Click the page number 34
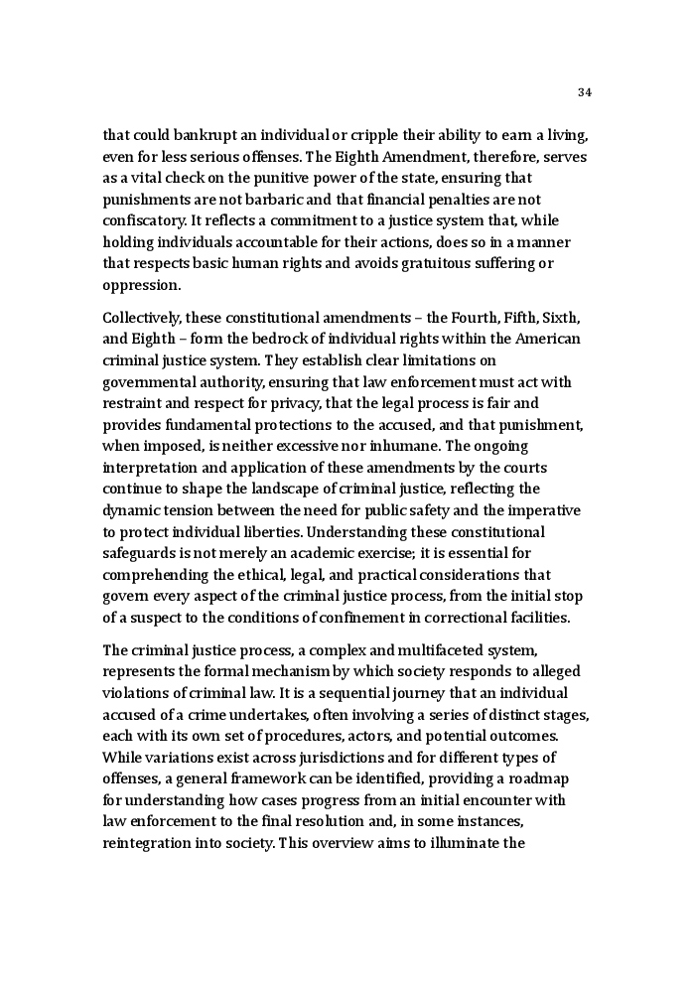pyautogui.click(x=584, y=92)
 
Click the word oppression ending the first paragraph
pyautogui.click(x=141, y=285)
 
